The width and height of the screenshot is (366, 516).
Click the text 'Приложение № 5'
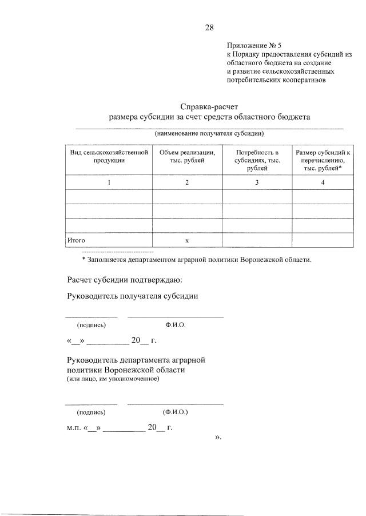pyautogui.click(x=254, y=45)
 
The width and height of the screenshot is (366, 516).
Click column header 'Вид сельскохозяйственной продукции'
pyautogui.click(x=109, y=156)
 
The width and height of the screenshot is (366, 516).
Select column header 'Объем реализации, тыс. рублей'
pyautogui.click(x=186, y=156)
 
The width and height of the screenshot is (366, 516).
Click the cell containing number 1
pyautogui.click(x=109, y=182)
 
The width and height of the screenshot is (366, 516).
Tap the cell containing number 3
pyautogui.click(x=257, y=182)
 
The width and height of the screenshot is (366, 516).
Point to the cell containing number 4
pyautogui.click(x=323, y=182)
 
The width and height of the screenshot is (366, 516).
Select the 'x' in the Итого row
pyautogui.click(x=186, y=240)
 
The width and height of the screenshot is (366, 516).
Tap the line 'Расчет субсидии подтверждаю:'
pyautogui.click(x=125, y=280)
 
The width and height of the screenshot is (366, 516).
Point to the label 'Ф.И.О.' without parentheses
pyautogui.click(x=175, y=324)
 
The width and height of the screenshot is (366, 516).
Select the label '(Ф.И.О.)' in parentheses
pyautogui.click(x=175, y=412)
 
